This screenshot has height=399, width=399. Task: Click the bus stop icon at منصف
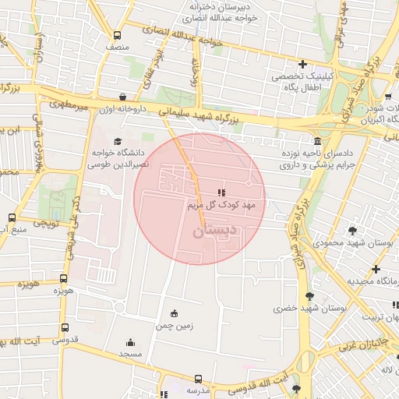pyautogui.click(x=117, y=35)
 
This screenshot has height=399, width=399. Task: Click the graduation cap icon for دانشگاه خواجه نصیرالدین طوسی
pyautogui.click(x=118, y=140)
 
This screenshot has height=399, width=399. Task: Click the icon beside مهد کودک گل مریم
pyautogui.click(x=222, y=191)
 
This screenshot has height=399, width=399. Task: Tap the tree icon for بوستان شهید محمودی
pyautogui.click(x=353, y=231)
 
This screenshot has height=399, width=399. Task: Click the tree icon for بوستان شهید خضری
pyautogui.click(x=310, y=296)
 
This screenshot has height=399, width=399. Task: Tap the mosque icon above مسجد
pyautogui.click(x=129, y=341)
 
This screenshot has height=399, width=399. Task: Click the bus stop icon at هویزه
pyautogui.click(x=63, y=278)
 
